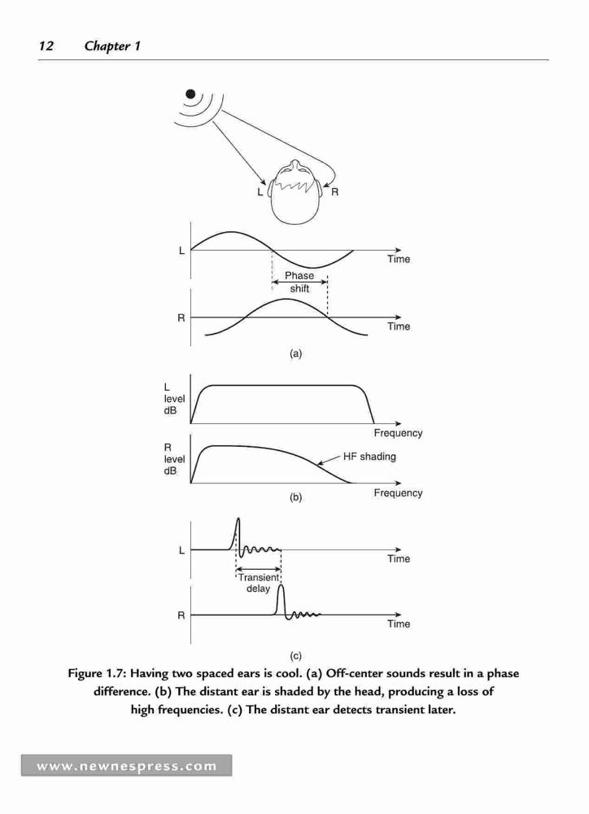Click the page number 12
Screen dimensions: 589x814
click(46, 46)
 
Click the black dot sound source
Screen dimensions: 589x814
click(190, 94)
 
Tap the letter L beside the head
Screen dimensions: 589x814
click(260, 192)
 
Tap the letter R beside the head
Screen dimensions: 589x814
click(334, 192)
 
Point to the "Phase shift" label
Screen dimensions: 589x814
click(299, 282)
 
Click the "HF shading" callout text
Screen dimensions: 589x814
click(369, 457)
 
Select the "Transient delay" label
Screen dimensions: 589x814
click(259, 583)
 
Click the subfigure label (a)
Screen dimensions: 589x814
click(295, 354)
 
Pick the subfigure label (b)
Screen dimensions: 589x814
click(295, 497)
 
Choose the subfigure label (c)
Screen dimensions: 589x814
click(295, 655)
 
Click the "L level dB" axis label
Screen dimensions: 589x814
click(174, 399)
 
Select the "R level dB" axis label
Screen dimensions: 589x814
click(174, 459)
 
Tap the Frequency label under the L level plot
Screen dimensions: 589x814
click(398, 433)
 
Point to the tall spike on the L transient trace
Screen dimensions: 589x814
click(238, 535)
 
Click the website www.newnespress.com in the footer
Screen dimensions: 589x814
click(127, 766)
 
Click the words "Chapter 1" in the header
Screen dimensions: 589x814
click(112, 46)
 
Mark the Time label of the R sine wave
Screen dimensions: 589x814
click(399, 326)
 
